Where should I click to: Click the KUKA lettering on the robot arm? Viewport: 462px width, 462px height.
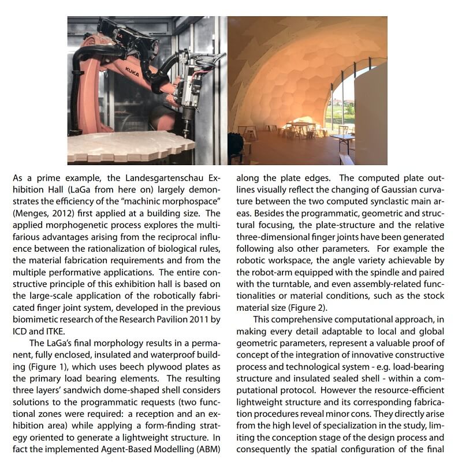[x=132, y=72]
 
